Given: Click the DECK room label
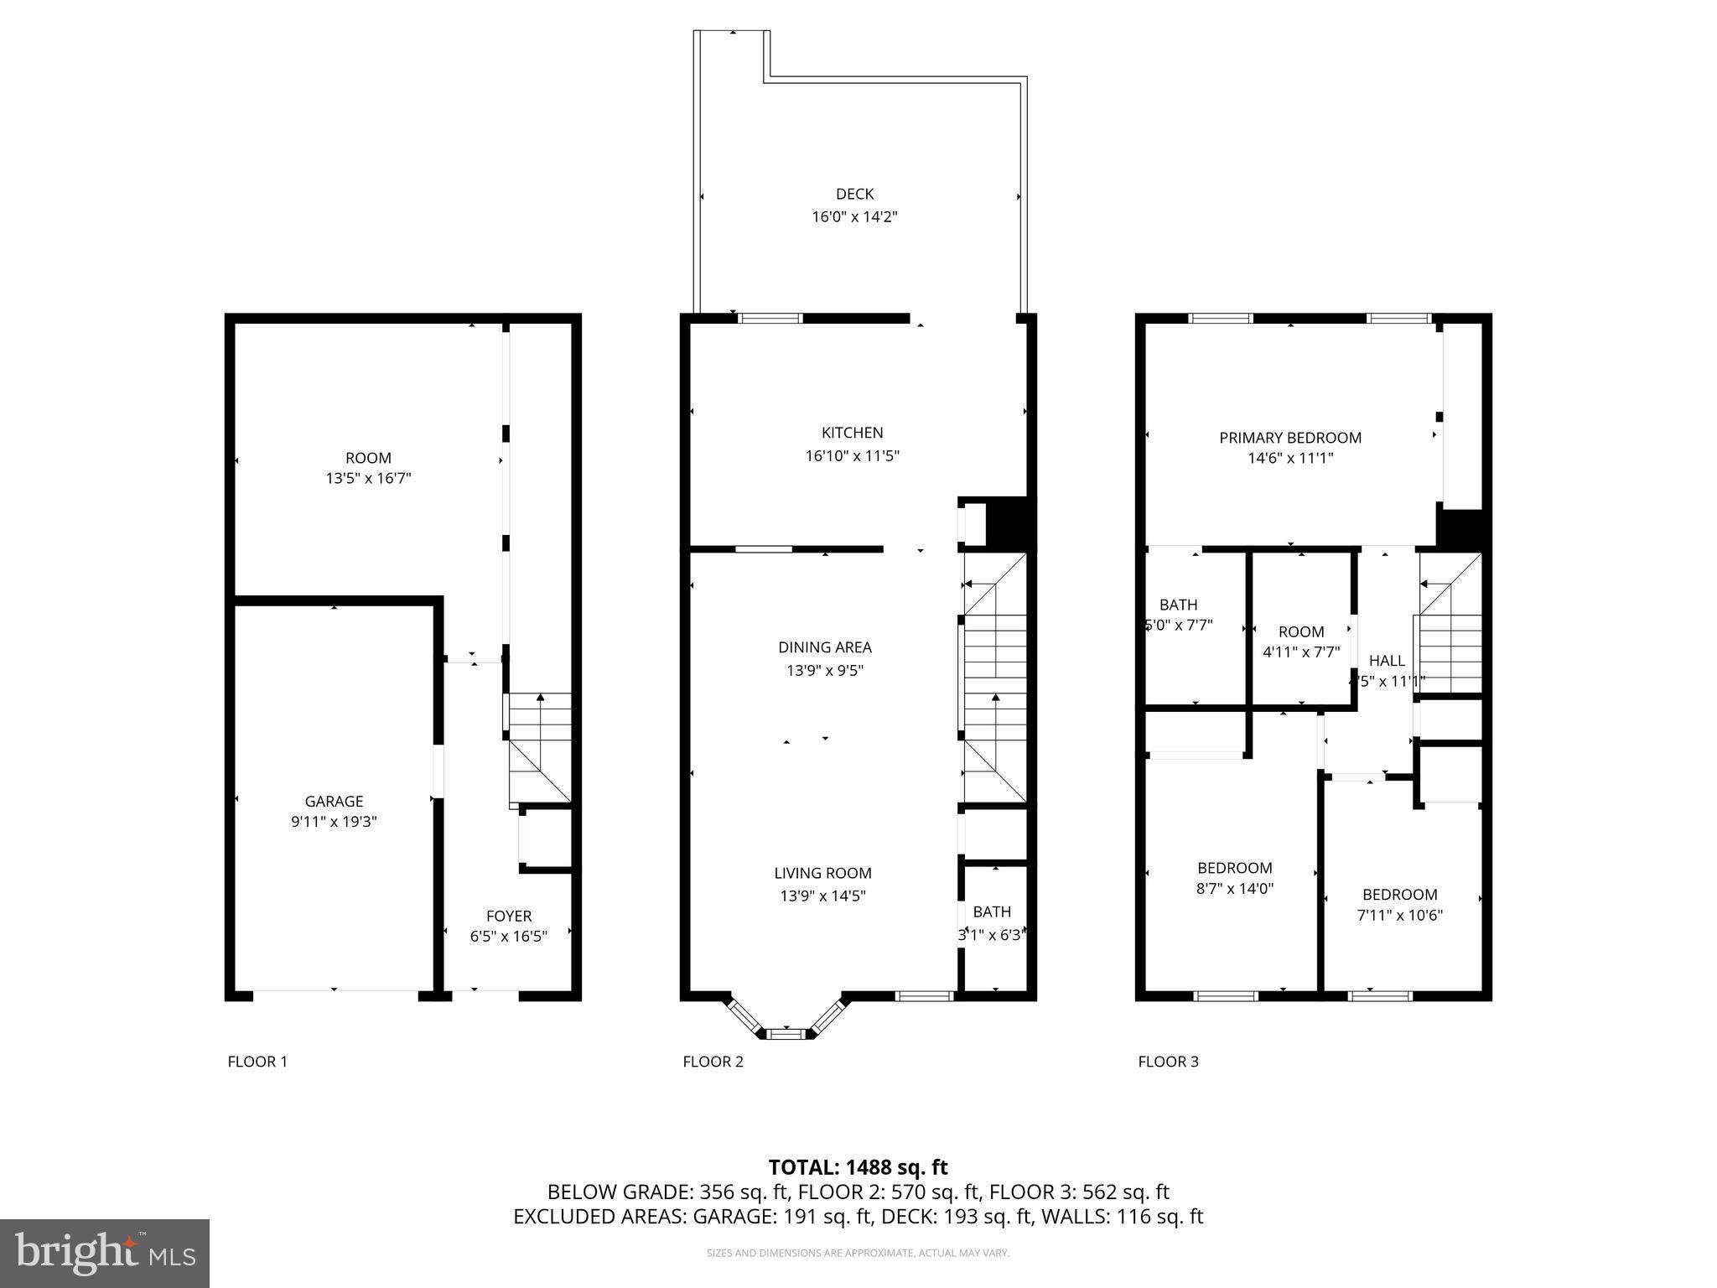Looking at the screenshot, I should (854, 194).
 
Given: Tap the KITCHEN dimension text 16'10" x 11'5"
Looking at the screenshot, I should (852, 456).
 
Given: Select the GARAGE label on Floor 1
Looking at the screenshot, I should (334, 801).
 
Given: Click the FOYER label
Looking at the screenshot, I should (509, 916).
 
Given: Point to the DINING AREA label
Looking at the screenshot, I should (824, 647).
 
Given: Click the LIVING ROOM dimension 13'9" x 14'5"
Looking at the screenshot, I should (822, 896).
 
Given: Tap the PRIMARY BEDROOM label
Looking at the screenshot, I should (1289, 438).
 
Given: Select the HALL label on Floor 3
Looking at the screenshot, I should (1386, 661).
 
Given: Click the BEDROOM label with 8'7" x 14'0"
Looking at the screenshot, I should (1234, 868).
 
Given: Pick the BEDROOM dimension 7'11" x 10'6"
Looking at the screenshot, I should (1399, 915).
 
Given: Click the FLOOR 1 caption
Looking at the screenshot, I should (257, 1062).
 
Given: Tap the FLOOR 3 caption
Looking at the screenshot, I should (1168, 1062).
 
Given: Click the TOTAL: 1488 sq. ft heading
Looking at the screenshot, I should (858, 1167).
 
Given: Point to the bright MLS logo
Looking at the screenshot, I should (105, 1253).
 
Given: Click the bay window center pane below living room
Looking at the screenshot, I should (786, 1034).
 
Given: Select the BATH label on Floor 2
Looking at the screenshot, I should (992, 911).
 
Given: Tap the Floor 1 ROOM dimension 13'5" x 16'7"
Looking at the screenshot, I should (368, 479).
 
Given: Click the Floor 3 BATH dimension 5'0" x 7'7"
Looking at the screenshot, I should (1179, 626).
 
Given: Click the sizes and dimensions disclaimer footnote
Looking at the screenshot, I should (858, 1253).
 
